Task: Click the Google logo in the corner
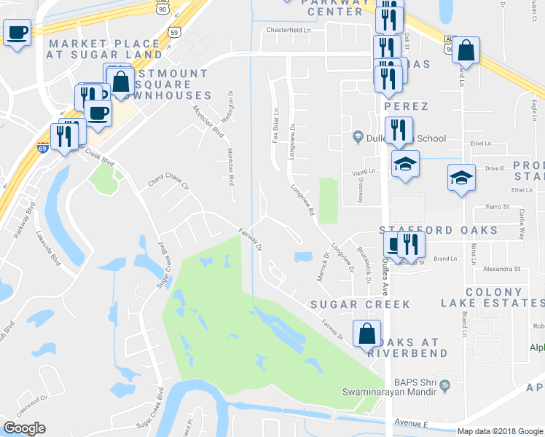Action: [x=24, y=428]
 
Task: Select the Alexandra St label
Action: [x=501, y=269]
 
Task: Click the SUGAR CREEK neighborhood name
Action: [x=360, y=304]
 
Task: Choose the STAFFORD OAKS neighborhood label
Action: [x=439, y=230]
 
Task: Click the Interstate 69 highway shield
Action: [x=42, y=148]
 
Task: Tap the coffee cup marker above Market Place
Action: [x=17, y=32]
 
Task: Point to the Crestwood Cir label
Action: [x=34, y=398]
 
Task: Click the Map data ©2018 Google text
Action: [x=500, y=431]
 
